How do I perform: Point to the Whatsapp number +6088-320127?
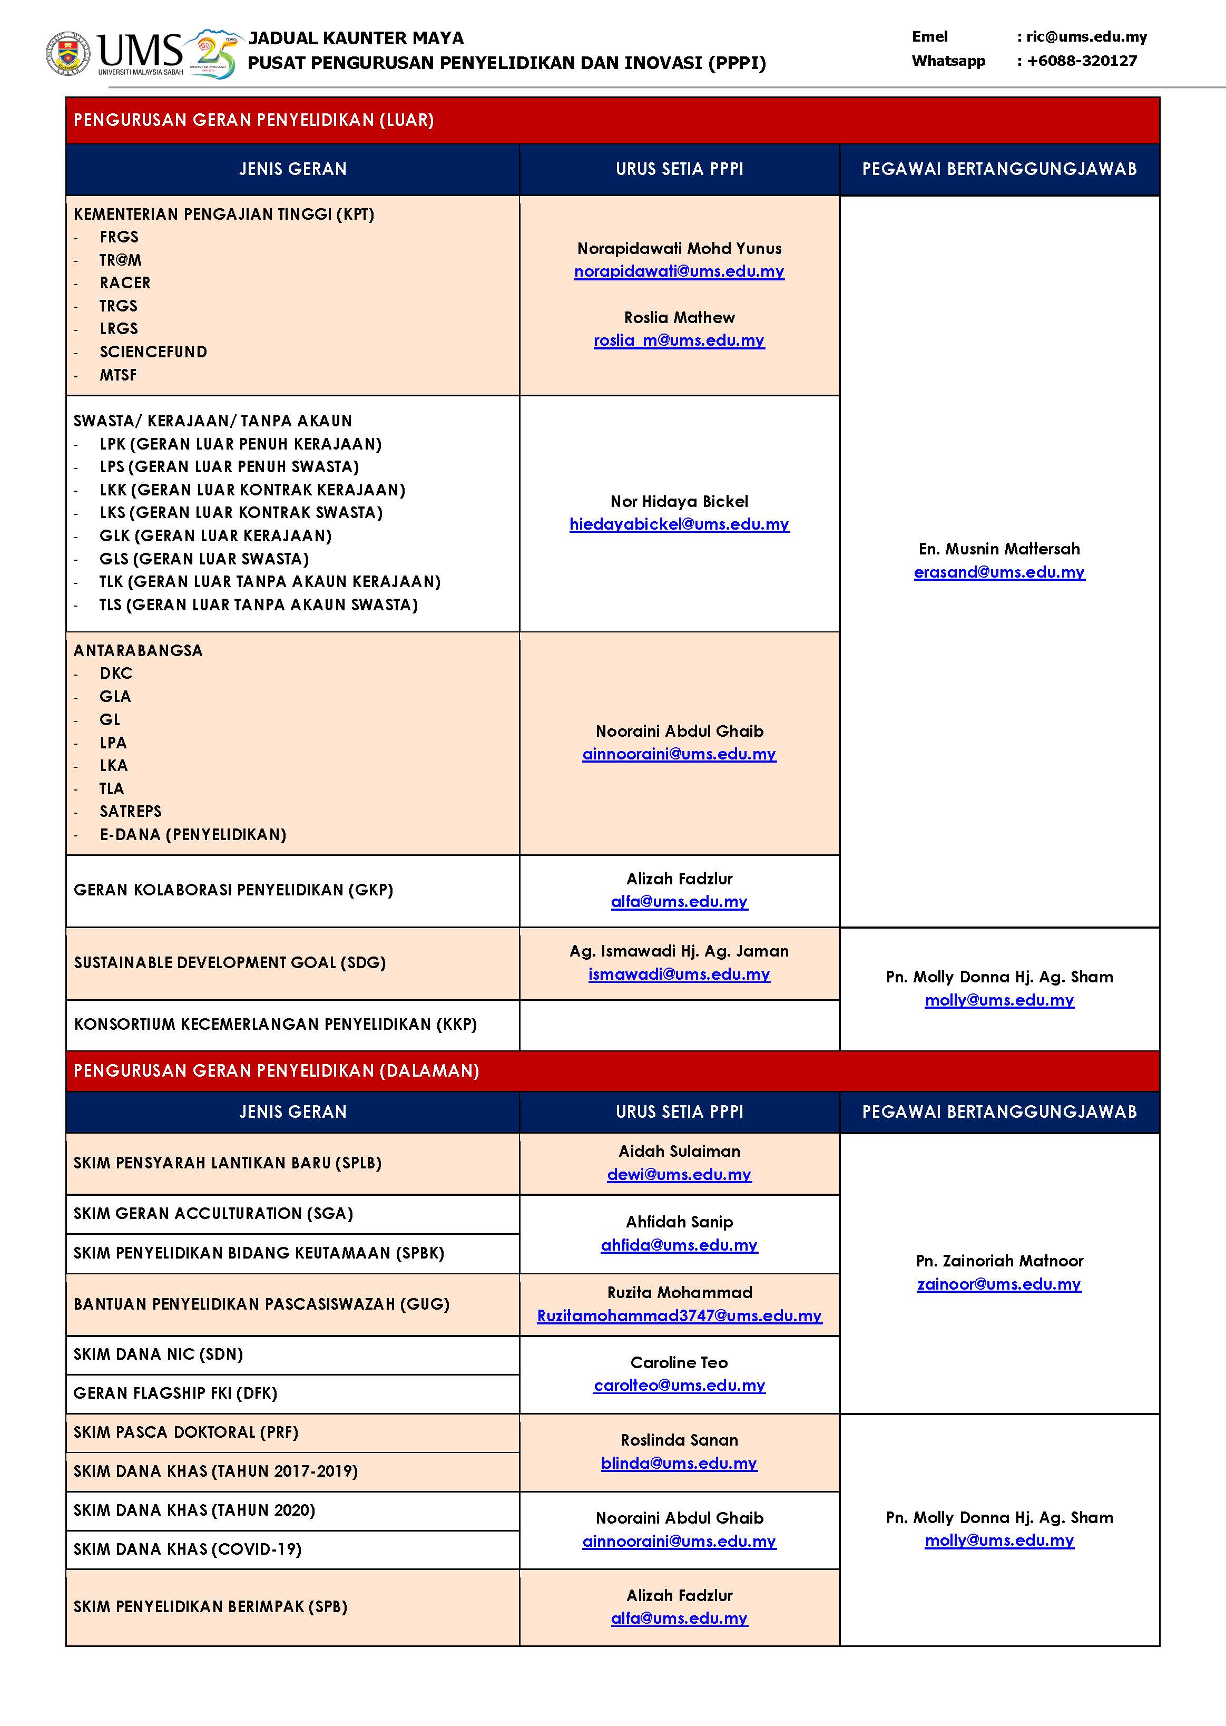click(1081, 61)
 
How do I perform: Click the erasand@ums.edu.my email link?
click(999, 572)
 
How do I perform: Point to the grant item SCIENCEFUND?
click(153, 352)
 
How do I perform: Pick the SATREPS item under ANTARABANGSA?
click(131, 812)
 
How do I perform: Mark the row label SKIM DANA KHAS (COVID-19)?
click(187, 1549)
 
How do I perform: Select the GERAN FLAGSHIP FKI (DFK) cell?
click(175, 1393)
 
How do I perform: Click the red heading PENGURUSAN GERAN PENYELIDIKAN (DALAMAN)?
click(276, 1070)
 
